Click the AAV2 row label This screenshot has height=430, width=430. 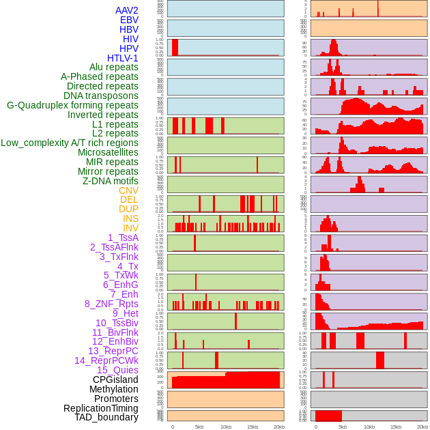126,10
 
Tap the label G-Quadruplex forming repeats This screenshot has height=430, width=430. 72,105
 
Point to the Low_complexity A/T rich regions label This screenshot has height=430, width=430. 69,143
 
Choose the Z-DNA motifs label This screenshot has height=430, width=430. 110,181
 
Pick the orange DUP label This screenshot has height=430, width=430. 128,209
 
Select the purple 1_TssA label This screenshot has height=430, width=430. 123,238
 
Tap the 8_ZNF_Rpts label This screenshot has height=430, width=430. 111,304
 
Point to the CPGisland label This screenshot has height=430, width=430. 115,379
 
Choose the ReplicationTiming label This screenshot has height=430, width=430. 100,408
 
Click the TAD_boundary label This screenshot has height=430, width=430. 106,417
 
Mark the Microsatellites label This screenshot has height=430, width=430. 108,152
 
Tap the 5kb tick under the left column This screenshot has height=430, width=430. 199,427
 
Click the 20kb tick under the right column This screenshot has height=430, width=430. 422,427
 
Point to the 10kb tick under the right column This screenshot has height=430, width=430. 369,427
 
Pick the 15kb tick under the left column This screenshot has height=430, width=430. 252,427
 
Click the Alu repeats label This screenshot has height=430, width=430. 113,67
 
